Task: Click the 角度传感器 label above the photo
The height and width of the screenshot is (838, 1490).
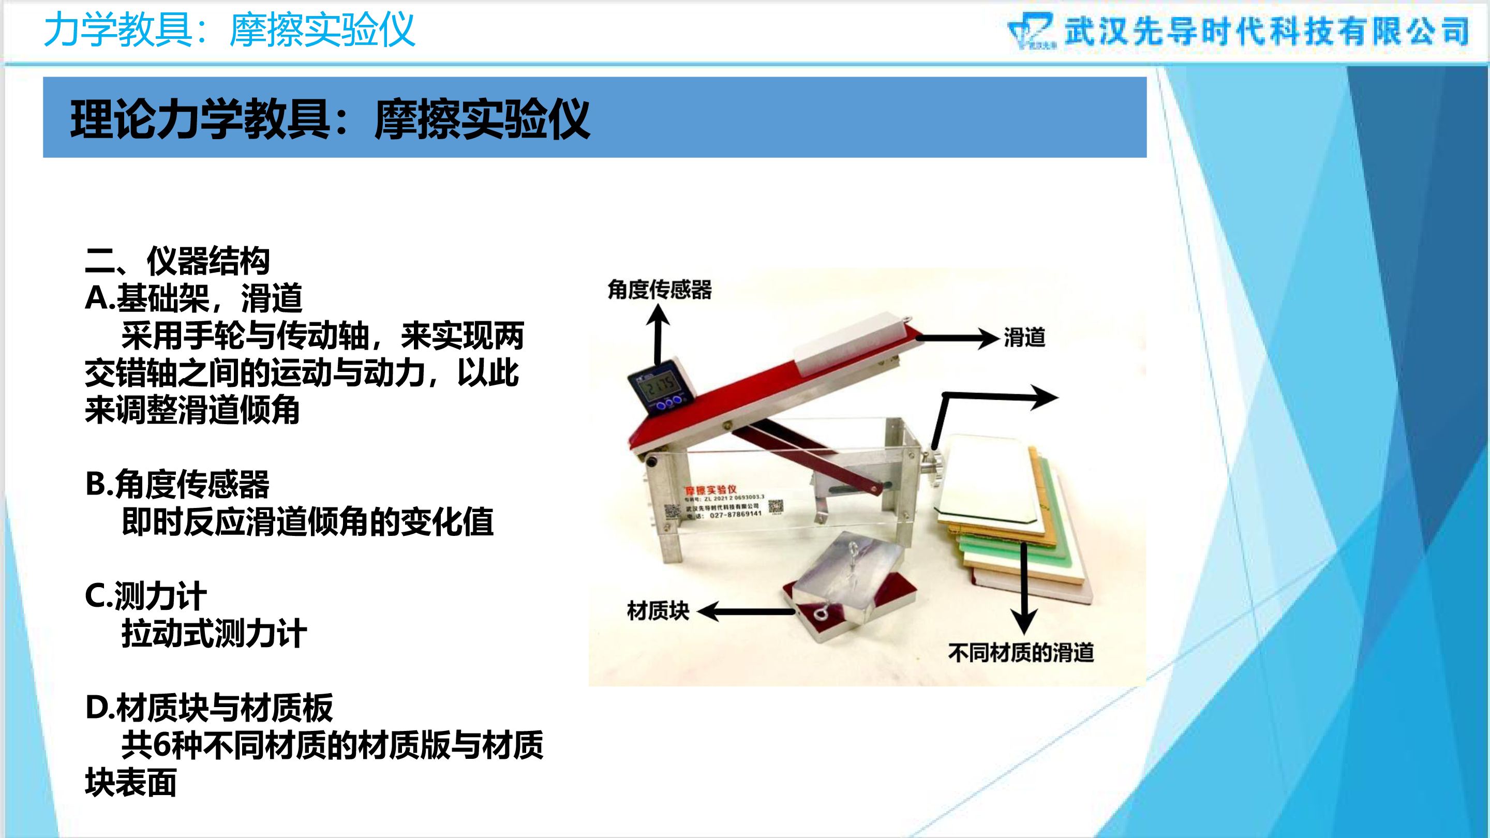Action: (x=660, y=290)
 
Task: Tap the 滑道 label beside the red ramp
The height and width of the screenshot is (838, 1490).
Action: (x=1024, y=338)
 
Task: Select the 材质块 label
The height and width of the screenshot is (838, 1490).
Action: (x=658, y=611)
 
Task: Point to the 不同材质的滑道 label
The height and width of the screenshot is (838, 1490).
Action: (x=1021, y=652)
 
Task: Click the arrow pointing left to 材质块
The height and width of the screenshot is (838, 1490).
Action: (x=746, y=611)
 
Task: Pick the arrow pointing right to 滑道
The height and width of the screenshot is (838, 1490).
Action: (x=955, y=338)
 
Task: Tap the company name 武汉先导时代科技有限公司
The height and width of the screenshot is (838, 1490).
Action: (x=1267, y=31)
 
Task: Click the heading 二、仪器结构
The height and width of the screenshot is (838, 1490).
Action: (x=177, y=261)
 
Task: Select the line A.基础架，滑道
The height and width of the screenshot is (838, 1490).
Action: (x=194, y=298)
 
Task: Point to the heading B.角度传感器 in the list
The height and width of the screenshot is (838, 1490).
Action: (x=177, y=484)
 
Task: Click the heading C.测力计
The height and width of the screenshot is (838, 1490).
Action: (x=145, y=596)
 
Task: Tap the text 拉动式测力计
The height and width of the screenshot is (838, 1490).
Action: (x=214, y=633)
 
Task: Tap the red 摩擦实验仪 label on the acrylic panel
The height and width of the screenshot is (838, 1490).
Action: (x=710, y=490)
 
